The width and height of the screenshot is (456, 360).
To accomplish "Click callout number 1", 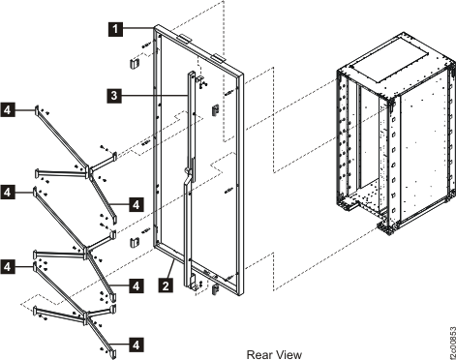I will [x=115, y=30].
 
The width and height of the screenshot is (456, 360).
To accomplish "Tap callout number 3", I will [x=114, y=95].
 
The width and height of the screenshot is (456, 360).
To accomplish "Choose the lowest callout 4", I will [x=114, y=342].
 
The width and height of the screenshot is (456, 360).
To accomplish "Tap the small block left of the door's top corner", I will [x=137, y=63].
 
